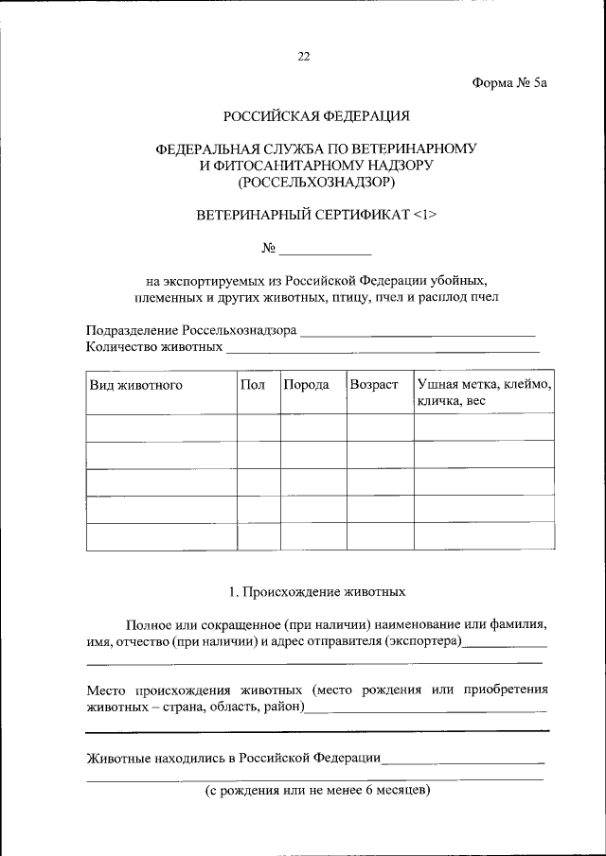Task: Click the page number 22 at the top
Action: click(303, 56)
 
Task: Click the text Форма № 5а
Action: click(509, 83)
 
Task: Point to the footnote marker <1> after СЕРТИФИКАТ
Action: click(425, 215)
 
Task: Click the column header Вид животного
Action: click(136, 385)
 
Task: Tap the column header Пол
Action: click(253, 385)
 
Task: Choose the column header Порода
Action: click(306, 385)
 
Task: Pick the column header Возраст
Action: click(374, 385)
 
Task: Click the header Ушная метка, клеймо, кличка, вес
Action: click(483, 393)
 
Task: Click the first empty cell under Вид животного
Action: click(161, 428)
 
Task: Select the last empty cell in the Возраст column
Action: click(380, 536)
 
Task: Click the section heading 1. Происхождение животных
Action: click(316, 592)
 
